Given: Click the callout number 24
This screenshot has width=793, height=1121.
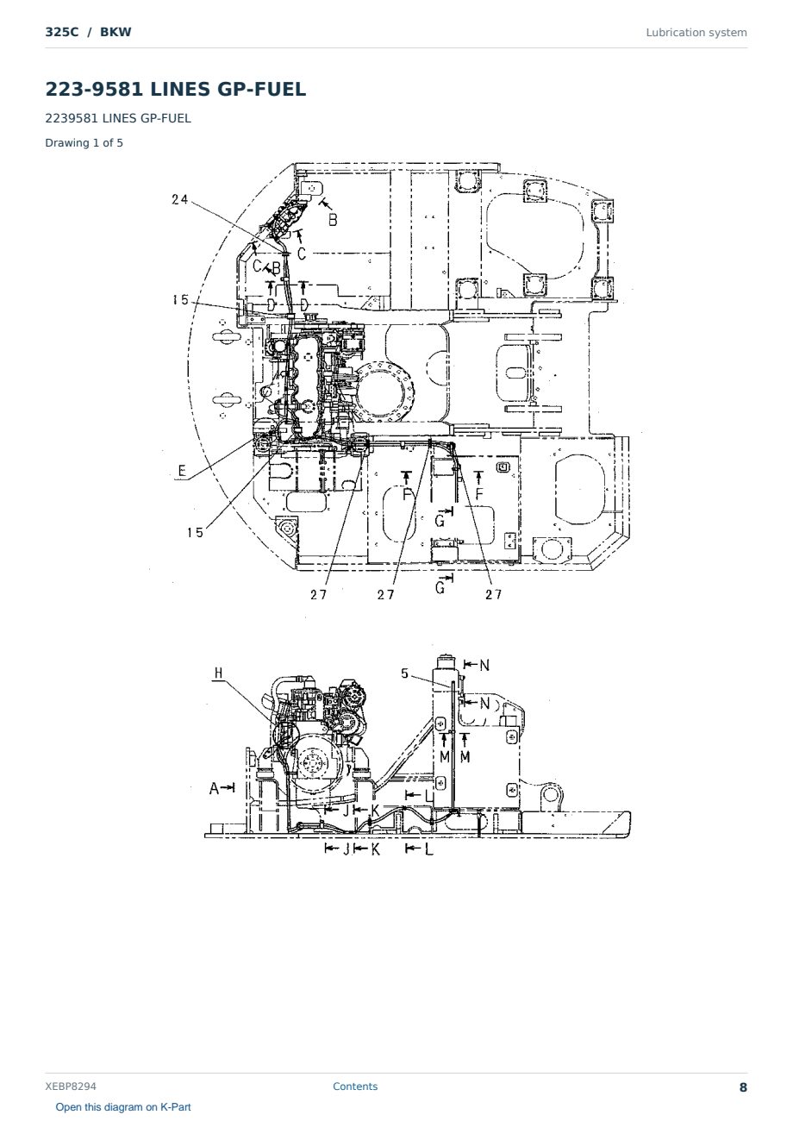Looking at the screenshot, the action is [179, 200].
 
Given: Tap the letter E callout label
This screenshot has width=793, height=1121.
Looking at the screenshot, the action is [182, 471].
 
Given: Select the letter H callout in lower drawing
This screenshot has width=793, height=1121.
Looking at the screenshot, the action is [218, 673].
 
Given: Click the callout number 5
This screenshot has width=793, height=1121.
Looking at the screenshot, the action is [405, 673].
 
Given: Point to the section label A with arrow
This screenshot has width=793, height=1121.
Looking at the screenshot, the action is [222, 789].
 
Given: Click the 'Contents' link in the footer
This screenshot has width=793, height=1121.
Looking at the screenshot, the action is [355, 1087].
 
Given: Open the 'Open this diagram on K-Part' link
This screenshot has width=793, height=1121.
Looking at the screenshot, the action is [123, 1107].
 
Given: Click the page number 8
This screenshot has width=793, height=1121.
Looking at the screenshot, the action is [743, 1087].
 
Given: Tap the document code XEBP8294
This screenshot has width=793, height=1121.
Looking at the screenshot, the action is [71, 1087].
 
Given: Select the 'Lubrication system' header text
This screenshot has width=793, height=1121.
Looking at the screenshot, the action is [696, 33].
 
